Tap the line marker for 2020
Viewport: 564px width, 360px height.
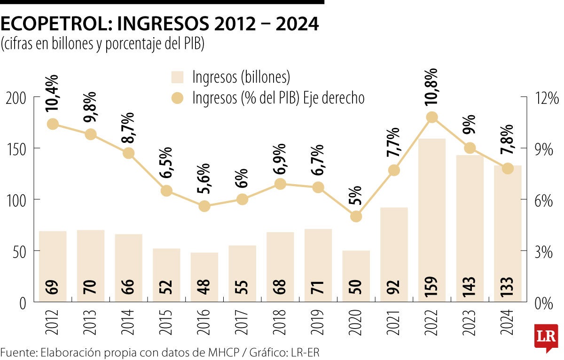point(356,216)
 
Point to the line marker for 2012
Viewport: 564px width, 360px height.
point(53,124)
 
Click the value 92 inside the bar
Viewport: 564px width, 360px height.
point(394,286)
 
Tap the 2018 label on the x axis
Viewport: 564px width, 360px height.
point(280,322)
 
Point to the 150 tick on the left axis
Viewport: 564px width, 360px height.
point(16,149)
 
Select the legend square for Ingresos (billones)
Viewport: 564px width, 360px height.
point(178,77)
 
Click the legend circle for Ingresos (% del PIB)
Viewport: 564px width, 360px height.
point(178,98)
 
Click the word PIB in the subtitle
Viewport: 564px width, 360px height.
point(193,44)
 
